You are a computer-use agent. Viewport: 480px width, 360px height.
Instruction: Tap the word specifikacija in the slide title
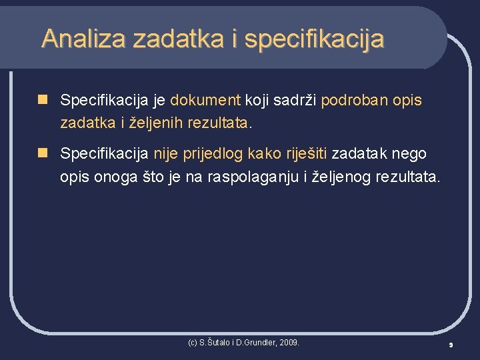314,39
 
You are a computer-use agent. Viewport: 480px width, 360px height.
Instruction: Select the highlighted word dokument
205,101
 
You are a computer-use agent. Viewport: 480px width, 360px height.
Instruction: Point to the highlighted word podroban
351,101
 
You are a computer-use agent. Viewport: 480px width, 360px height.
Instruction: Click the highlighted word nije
165,154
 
